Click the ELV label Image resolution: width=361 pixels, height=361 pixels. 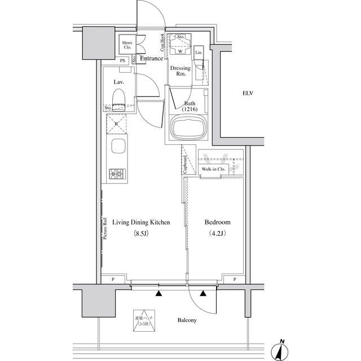(x=248, y=93)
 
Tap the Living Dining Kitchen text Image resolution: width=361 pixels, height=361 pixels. (x=141, y=223)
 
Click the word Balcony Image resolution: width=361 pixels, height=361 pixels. (x=187, y=320)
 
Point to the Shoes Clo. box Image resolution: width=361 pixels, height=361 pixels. (x=127, y=45)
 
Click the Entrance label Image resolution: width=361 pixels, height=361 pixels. (x=152, y=59)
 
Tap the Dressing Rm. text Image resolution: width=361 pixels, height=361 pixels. (x=181, y=71)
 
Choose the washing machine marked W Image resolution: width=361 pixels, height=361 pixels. (x=180, y=49)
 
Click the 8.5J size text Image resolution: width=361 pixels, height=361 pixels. (x=141, y=234)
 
